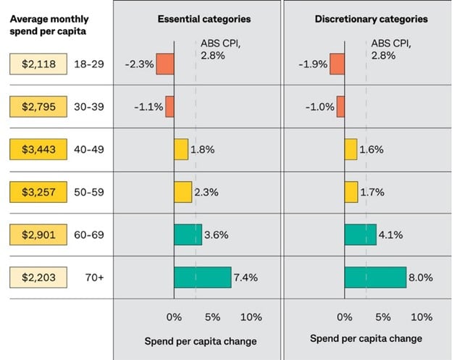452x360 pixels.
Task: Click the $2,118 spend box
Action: (38, 64)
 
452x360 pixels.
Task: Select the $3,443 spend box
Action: (38, 149)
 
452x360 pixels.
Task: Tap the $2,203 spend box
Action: (38, 277)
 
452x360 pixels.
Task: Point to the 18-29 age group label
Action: (89, 64)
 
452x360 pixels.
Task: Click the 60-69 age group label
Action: (89, 235)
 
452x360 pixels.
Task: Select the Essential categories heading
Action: (204, 19)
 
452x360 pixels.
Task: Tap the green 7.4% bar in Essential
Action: (202, 277)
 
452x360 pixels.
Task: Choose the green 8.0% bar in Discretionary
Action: (375, 277)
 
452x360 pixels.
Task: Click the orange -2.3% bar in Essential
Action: (165, 64)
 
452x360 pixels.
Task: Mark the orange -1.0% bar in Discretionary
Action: (340, 106)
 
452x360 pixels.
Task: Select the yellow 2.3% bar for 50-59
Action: (183, 192)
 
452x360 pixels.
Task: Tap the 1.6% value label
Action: (372, 149)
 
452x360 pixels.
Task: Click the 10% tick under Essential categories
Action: (251, 317)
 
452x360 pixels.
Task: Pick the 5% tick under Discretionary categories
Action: (383, 317)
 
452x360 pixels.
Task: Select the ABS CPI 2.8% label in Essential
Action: (215, 49)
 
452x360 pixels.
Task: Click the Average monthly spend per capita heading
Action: (49, 25)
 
